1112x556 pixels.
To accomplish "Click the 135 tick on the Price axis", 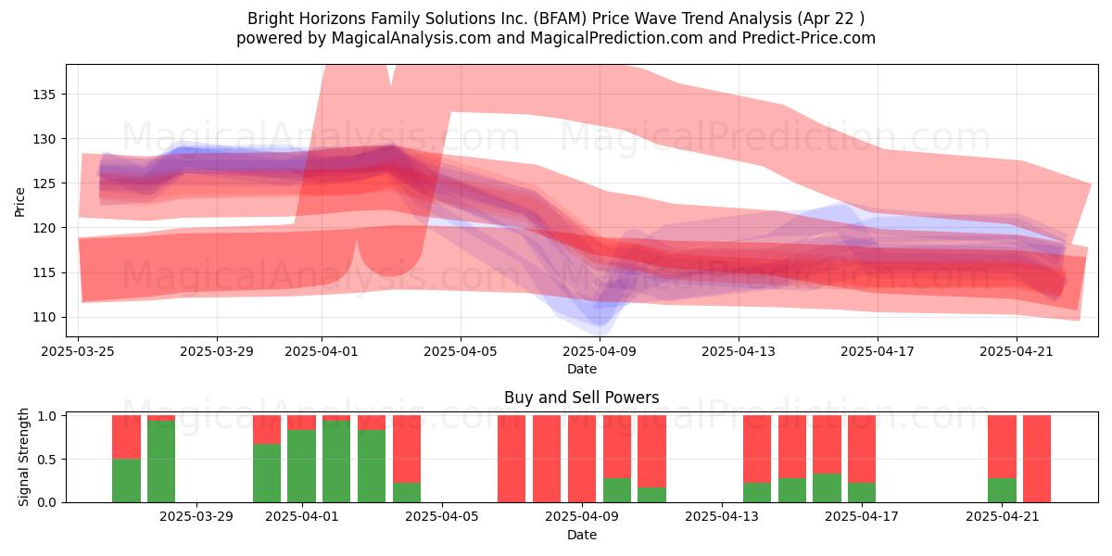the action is (44, 95).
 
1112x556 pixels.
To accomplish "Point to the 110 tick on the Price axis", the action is (44, 317).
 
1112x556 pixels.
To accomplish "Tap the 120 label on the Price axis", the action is (44, 228).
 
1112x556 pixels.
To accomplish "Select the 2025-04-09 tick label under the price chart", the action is (600, 351).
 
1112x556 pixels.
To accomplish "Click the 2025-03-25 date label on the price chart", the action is (78, 351).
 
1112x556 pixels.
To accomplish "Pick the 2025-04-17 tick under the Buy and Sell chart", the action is (862, 516).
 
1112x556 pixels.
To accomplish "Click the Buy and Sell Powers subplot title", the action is (582, 398).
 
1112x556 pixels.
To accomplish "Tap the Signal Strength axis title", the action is (23, 457).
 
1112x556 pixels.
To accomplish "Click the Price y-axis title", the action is (19, 202).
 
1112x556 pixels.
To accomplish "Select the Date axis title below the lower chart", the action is (582, 535).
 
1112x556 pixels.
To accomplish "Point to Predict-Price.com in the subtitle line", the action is (809, 38).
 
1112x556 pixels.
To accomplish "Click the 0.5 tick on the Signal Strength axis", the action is (46, 460).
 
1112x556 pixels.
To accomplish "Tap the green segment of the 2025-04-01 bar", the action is (301, 466).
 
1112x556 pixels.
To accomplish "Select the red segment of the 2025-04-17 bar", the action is (862, 449).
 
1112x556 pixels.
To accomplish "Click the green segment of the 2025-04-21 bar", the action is (1003, 490).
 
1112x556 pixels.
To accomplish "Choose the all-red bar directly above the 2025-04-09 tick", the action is (582, 460).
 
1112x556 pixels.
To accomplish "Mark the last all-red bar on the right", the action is (1037, 460).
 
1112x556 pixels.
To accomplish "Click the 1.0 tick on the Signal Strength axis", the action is (46, 415).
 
